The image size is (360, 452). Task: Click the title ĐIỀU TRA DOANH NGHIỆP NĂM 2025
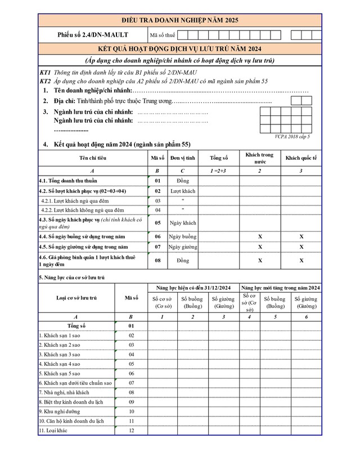(x=180, y=20)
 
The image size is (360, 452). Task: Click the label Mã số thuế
(x=163, y=35)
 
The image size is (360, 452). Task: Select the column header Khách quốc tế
(x=301, y=158)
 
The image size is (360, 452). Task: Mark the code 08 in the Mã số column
(x=157, y=261)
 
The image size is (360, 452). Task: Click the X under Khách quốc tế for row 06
(x=301, y=236)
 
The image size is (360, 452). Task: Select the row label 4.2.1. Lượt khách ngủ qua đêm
(x=75, y=201)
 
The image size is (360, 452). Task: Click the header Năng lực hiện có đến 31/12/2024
(x=193, y=288)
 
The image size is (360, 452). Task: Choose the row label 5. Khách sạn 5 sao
(x=60, y=373)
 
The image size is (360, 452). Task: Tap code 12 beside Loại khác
(x=131, y=431)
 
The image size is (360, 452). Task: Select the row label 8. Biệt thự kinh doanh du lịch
(x=72, y=402)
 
